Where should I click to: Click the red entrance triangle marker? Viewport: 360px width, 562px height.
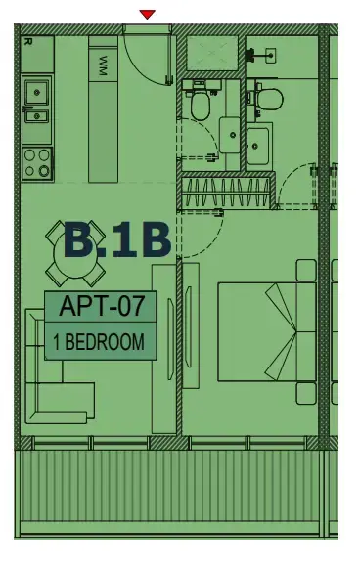tap(147, 14)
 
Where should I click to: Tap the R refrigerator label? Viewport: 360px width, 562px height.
tap(27, 42)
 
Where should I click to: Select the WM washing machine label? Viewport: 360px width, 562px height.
tap(103, 65)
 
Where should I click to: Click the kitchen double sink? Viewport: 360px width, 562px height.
tap(37, 103)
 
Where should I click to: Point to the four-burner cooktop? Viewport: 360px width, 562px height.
tap(37, 160)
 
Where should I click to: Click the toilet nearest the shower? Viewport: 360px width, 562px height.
tap(202, 103)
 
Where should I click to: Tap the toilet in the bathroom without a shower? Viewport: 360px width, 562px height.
tap(267, 97)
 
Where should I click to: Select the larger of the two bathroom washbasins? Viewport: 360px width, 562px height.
tap(261, 146)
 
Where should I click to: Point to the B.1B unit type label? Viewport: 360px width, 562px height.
tap(117, 241)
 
